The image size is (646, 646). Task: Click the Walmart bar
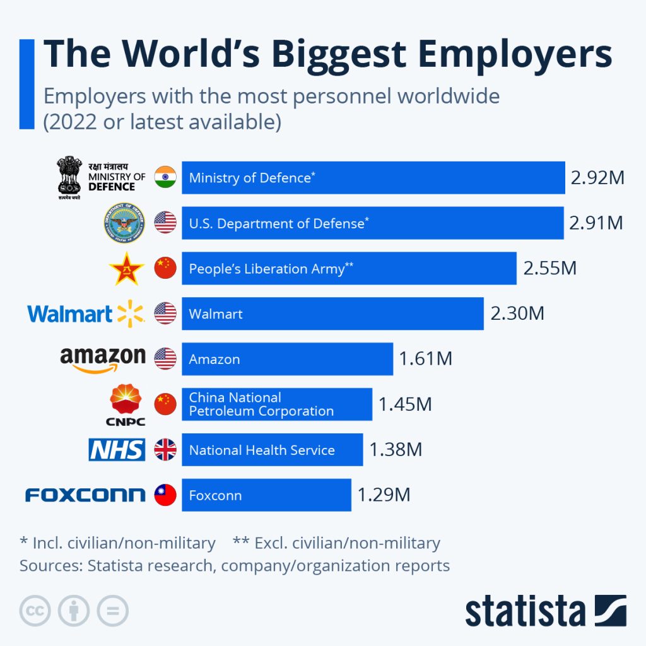point(332,314)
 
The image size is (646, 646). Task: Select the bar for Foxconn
point(266,495)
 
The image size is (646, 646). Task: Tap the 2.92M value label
point(597,178)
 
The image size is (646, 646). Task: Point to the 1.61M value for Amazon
point(425,359)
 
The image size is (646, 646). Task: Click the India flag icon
point(165,177)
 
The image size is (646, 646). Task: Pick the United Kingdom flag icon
point(165,450)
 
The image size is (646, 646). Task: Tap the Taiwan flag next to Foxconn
point(165,495)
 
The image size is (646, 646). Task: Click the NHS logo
point(117,450)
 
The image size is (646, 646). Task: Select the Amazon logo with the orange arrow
point(103,360)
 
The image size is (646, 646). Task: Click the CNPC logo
point(126,404)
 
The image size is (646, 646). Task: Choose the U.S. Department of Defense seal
point(124,223)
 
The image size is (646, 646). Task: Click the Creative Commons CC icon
point(35,611)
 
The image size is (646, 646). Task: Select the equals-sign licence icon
point(112,611)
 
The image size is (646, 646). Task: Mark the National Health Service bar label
point(262,450)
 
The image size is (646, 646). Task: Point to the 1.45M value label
point(405,404)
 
